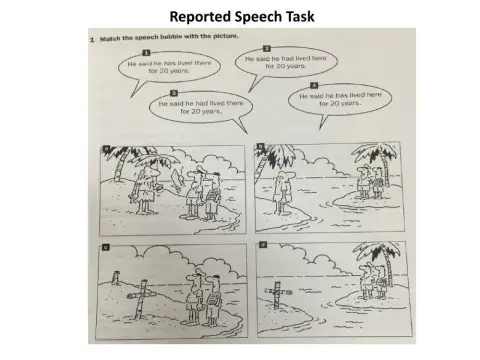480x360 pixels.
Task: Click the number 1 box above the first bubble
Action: tap(146, 52)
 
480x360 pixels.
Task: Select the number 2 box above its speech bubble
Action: tap(267, 47)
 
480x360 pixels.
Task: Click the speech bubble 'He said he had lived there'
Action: tap(200, 106)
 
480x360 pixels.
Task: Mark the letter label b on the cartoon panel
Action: tap(262, 149)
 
